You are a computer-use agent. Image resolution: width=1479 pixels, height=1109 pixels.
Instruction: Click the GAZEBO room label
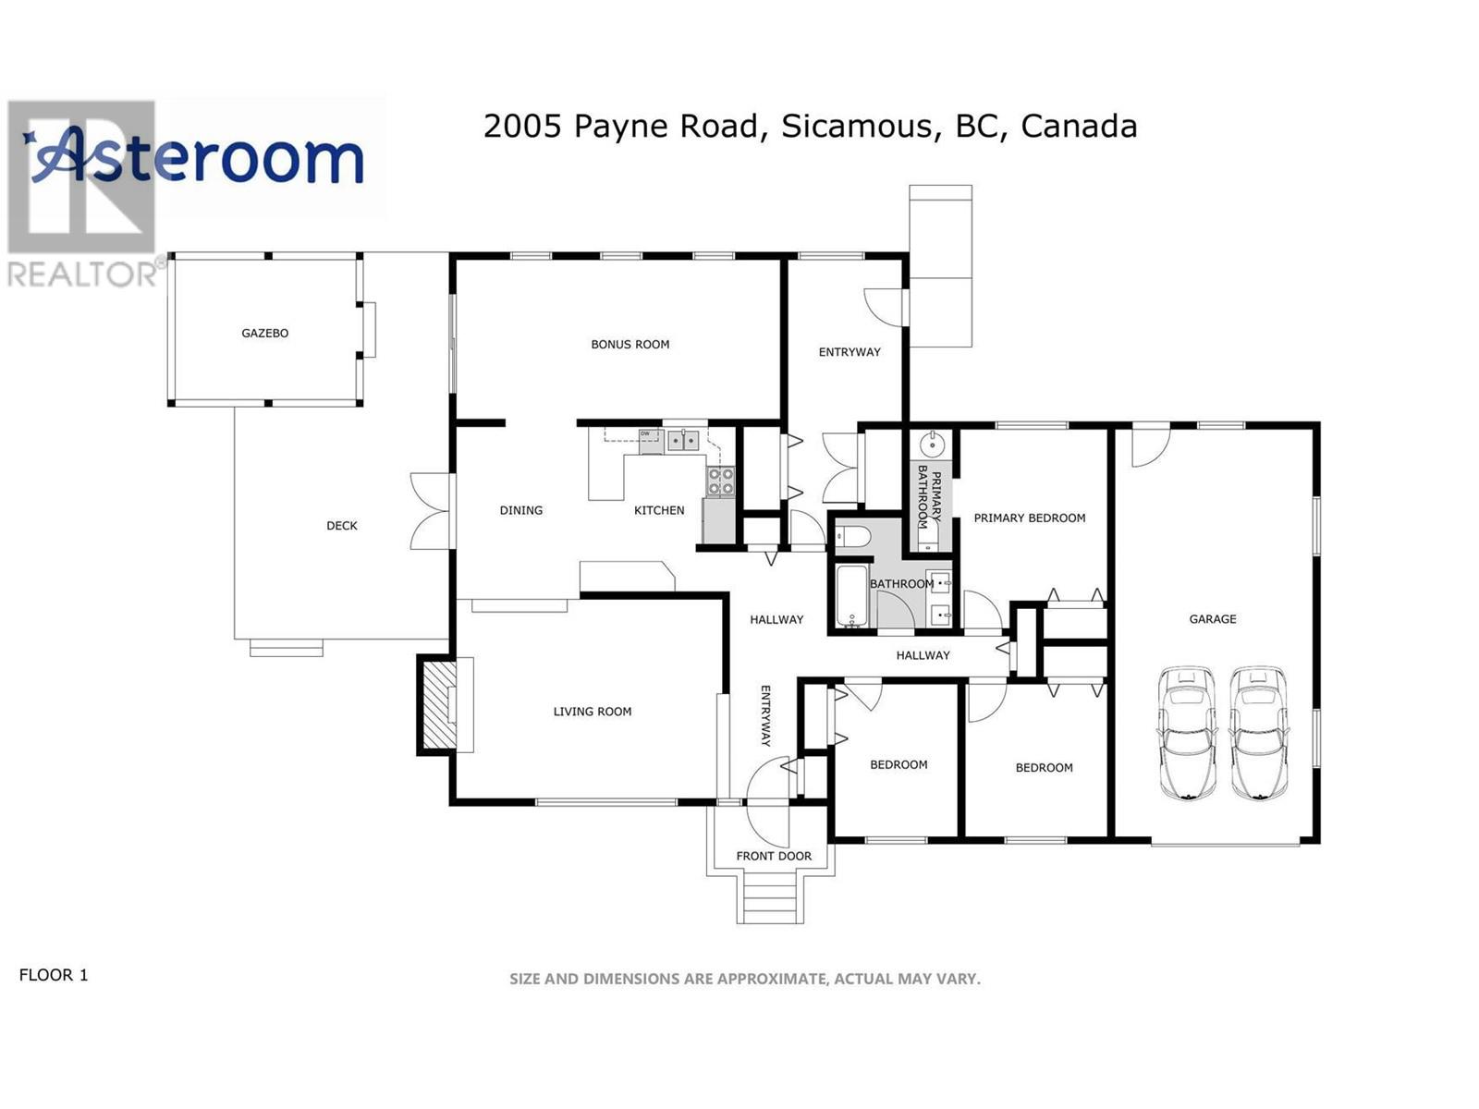point(264,333)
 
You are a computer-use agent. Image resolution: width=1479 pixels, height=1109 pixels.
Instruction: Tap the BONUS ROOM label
point(630,344)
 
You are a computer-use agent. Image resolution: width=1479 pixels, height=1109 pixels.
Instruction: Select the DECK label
point(342,525)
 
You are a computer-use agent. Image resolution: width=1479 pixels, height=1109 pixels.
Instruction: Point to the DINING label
point(520,510)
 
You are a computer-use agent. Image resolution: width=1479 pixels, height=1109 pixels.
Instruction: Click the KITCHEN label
point(659,510)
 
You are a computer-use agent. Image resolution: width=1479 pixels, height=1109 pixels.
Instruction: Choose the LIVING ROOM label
point(593,711)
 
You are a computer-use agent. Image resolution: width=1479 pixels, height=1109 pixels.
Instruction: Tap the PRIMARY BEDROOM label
point(1030,518)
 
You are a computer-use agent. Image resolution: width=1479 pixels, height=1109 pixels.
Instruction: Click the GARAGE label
point(1212,618)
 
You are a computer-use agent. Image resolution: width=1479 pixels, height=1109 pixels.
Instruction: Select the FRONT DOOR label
point(774,856)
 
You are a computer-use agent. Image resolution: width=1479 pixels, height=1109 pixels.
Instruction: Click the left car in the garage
point(1187,733)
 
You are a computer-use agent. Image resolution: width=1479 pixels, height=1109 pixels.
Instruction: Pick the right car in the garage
point(1259,733)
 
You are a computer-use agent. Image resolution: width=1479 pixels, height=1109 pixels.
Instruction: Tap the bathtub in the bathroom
point(851,595)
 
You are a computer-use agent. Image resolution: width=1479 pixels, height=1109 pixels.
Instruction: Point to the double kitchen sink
point(683,441)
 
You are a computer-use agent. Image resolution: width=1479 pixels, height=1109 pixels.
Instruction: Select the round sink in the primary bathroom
point(933,444)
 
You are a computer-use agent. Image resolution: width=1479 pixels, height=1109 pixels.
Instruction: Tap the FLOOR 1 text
point(54,974)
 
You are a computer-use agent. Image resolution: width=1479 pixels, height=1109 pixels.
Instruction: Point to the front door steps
point(770,896)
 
